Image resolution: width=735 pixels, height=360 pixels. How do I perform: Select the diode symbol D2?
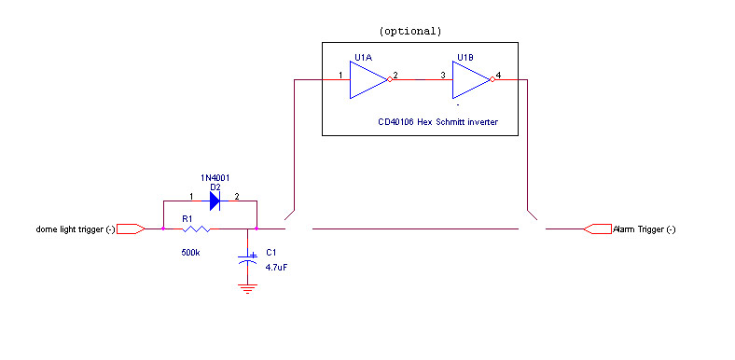coord(215,201)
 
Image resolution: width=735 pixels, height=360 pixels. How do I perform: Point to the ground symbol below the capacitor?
coord(247,288)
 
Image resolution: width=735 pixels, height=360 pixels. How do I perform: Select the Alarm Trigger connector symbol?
coord(597,228)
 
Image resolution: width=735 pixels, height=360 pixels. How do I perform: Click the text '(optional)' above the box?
coord(410,31)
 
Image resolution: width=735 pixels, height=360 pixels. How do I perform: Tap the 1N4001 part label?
coord(215,176)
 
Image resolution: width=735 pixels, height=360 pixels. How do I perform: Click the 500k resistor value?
coord(190,252)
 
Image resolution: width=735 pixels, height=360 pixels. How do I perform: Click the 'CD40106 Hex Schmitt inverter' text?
coord(438,122)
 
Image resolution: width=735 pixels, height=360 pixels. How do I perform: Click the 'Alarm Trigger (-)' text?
coord(645,229)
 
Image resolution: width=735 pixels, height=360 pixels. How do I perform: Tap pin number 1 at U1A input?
coord(340,75)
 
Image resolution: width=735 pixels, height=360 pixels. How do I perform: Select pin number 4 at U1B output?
coord(498,75)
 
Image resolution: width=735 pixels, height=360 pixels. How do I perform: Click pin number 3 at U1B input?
coord(442,75)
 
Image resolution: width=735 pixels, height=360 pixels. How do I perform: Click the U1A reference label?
coord(364,58)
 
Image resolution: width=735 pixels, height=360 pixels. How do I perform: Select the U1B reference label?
coord(465,58)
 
